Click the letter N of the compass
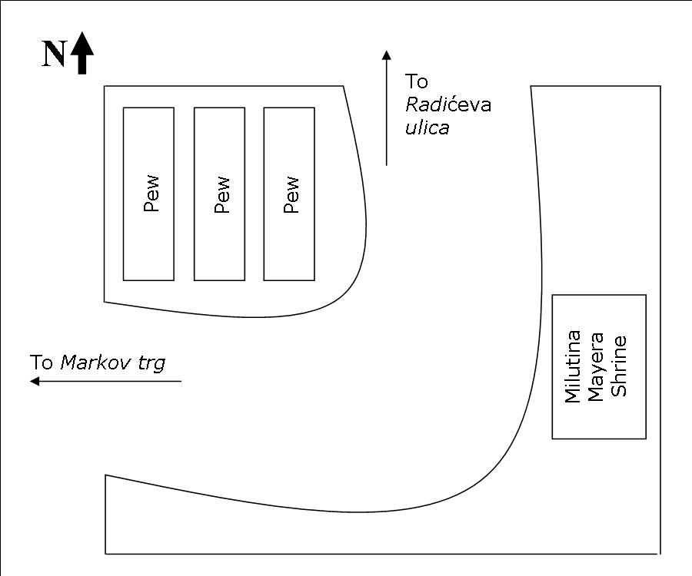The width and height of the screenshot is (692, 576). [x=55, y=55]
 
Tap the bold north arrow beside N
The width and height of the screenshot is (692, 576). [x=82, y=53]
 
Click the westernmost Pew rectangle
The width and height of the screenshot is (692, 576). [x=148, y=194]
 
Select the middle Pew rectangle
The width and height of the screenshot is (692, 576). [x=219, y=194]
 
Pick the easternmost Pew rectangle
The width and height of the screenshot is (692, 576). [x=289, y=194]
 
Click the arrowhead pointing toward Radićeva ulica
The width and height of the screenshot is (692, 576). [x=387, y=55]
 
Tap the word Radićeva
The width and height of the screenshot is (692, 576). [x=448, y=105]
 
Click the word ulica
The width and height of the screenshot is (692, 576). [x=428, y=127]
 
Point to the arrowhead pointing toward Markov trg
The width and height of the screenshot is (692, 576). [x=35, y=381]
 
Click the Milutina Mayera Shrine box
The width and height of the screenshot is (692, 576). [x=599, y=366]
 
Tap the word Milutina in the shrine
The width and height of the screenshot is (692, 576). [x=572, y=366]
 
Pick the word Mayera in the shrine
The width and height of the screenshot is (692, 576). [x=595, y=367]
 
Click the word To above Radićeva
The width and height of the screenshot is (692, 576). [x=417, y=81]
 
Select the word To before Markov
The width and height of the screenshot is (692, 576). [x=42, y=362]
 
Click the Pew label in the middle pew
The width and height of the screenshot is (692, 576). [x=221, y=195]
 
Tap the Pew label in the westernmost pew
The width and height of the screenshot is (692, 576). [x=151, y=194]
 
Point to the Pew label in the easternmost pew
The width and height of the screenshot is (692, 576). [x=291, y=195]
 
